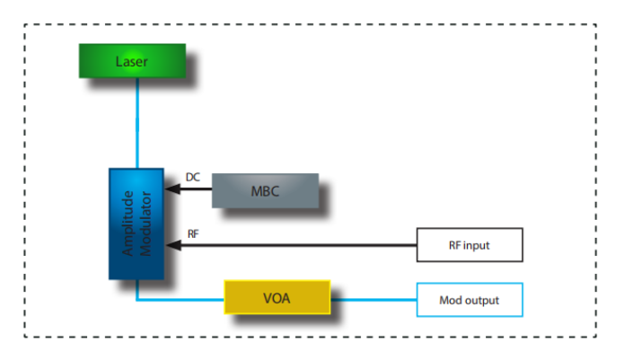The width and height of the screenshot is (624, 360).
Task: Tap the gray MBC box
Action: coord(265,190)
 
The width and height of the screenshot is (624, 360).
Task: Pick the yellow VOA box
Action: coord(277,298)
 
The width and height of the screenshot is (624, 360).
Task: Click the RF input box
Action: coord(470,244)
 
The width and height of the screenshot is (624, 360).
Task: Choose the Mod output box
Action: coord(470,300)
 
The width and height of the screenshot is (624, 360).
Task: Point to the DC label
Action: coord(192,177)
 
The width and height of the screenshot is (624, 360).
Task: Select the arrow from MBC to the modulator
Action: coord(190,189)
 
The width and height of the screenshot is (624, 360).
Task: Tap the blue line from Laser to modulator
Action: coord(136,122)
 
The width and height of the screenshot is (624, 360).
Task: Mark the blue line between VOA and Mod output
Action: coord(374,300)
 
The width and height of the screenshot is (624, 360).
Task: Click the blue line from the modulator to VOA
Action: coord(180,300)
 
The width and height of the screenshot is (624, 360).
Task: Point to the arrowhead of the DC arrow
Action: coord(170,189)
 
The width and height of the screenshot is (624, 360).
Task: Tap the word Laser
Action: coord(131,61)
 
